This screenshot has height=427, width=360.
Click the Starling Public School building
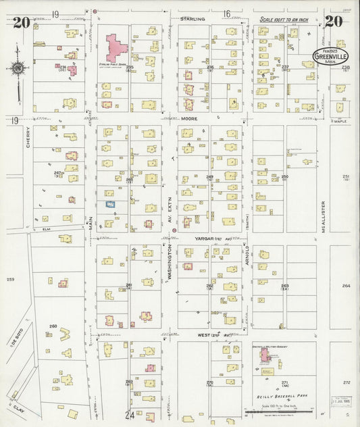point(115,49)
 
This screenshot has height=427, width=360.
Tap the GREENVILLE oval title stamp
point(330,57)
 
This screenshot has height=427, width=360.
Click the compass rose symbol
point(16,68)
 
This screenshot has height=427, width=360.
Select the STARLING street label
point(192,20)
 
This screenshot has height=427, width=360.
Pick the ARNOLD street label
point(248,257)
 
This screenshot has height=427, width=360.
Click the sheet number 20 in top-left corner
point(20,22)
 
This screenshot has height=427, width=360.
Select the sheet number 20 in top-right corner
point(333,21)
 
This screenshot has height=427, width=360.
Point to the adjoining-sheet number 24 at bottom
point(129,414)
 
